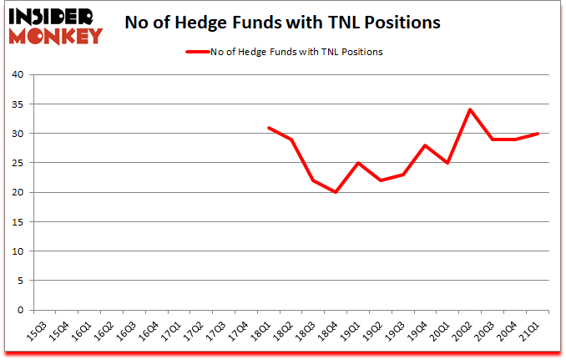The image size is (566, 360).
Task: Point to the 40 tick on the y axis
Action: (18, 75)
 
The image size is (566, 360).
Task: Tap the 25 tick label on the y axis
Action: (18, 163)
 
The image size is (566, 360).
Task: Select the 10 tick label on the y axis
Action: (18, 251)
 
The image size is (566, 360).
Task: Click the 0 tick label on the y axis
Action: (21, 310)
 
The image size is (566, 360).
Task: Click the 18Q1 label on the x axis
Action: (262, 328)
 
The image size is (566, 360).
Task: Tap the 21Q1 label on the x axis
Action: (533, 328)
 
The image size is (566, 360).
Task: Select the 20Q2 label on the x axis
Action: (465, 328)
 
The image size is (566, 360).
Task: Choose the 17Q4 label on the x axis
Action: (240, 328)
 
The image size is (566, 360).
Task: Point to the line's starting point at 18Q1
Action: (269, 127)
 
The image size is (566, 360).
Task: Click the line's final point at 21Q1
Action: (539, 134)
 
